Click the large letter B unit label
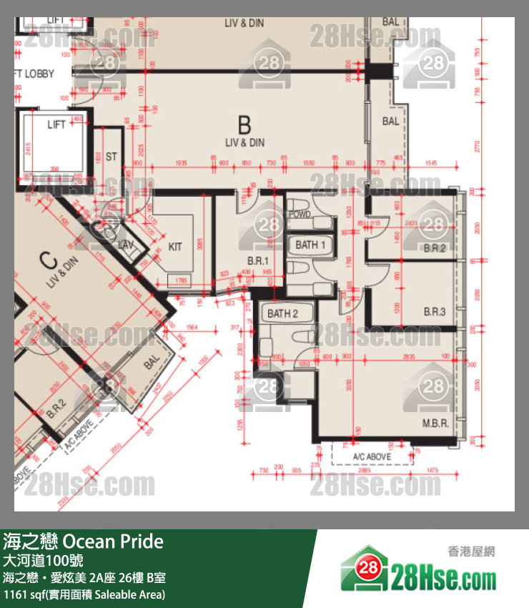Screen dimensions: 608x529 click(x=244, y=126)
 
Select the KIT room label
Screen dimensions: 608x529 click(x=175, y=247)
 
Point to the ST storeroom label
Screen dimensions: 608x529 click(x=111, y=157)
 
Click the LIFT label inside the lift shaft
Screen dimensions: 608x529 click(x=56, y=124)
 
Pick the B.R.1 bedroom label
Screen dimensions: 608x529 click(x=257, y=260)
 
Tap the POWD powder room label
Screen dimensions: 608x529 click(x=299, y=215)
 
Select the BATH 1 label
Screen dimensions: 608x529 click(x=310, y=245)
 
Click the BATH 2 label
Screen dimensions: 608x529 click(x=282, y=313)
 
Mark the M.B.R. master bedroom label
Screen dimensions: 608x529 click(x=435, y=423)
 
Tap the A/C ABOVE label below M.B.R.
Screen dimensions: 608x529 click(x=372, y=456)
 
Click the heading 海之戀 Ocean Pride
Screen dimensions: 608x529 click(x=84, y=541)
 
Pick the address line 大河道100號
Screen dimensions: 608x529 click(x=43, y=560)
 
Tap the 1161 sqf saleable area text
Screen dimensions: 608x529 click(x=84, y=594)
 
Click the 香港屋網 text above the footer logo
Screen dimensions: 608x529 click(x=471, y=551)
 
